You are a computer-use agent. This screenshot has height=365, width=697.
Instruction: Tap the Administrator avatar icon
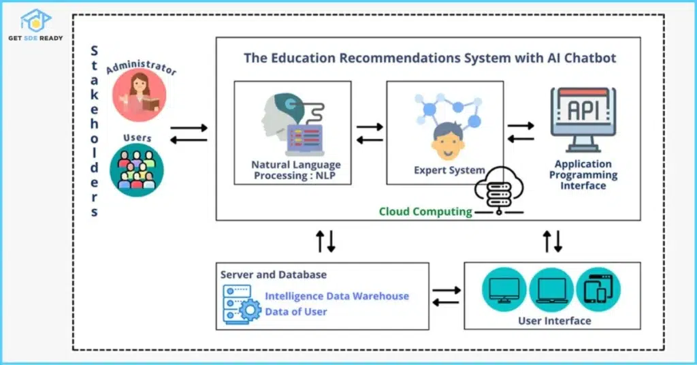coord(139,96)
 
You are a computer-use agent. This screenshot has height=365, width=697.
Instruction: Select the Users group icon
coord(137,170)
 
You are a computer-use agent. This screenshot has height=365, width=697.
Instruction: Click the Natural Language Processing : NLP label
coord(296,170)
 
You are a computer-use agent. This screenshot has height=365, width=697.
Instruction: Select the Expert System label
coord(449,170)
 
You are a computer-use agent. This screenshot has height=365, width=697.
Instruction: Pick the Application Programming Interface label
coord(583,174)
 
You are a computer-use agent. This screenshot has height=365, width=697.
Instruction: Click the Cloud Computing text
coord(425,211)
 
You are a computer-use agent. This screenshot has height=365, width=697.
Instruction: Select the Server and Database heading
coord(274,274)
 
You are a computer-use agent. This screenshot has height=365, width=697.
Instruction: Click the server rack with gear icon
coord(241,304)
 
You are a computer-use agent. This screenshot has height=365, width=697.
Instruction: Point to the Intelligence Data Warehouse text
coord(337,296)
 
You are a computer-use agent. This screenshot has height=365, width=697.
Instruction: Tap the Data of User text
coord(296,312)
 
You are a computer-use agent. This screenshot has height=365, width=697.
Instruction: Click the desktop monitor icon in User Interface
coord(504,289)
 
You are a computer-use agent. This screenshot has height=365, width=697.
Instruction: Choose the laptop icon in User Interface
coord(551,289)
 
